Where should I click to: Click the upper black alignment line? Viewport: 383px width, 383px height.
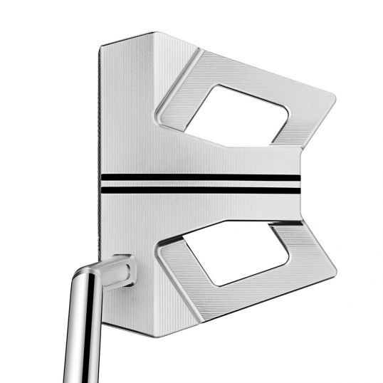199,177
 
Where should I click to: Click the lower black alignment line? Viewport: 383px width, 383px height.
199,189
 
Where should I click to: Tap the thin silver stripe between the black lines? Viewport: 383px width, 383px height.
199,184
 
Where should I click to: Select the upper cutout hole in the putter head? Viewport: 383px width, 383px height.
236,114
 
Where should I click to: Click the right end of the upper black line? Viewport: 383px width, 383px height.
300,177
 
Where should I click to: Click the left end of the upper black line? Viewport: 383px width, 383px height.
101,177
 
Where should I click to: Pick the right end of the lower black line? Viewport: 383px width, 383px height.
300,189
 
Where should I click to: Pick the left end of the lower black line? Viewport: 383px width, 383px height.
101,189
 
